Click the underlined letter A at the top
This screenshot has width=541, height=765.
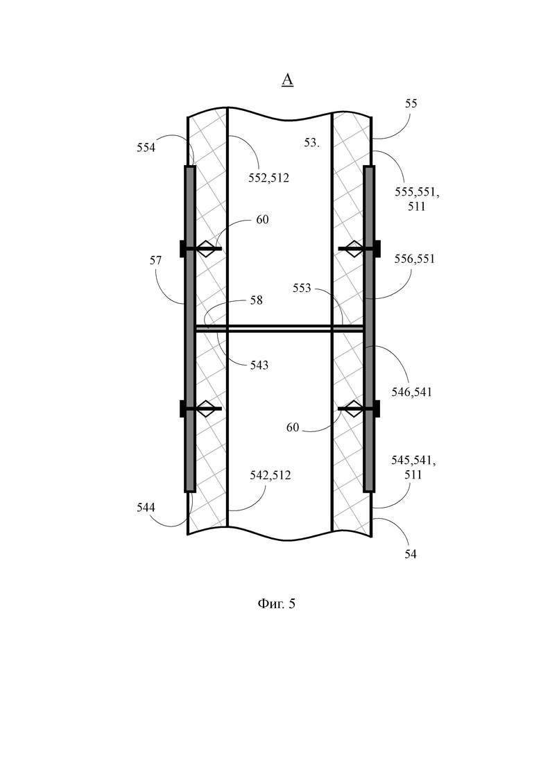(287, 80)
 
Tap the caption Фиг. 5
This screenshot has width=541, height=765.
(276, 604)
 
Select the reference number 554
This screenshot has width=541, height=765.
(146, 147)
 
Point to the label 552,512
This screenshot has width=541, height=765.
(269, 178)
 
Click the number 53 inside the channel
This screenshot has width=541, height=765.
(311, 142)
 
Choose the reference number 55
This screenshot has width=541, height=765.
(411, 103)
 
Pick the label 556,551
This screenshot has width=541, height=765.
(414, 259)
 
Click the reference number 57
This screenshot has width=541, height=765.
(155, 261)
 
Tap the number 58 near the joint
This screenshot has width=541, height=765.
(257, 300)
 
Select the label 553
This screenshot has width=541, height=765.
(302, 289)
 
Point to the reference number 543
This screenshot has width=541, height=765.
(259, 365)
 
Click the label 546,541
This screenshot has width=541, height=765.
(412, 392)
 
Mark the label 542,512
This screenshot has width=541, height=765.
(270, 475)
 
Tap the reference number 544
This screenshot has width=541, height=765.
(146, 508)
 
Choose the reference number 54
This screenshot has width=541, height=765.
(411, 554)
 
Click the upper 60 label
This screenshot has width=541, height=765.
(262, 220)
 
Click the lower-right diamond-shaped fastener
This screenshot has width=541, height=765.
(354, 409)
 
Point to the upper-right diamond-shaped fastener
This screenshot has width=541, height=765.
(354, 249)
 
